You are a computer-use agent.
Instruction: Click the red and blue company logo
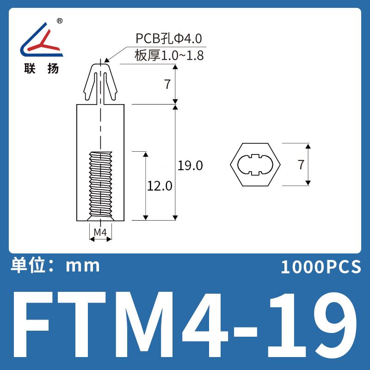(42, 40)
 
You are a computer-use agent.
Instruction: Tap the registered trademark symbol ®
(60, 21)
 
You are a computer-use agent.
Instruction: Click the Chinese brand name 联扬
(41, 68)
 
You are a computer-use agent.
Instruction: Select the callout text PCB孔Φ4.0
(169, 38)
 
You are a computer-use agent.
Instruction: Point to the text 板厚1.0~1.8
(169, 55)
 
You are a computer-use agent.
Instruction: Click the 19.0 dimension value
(190, 166)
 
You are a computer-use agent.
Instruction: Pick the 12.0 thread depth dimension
(160, 186)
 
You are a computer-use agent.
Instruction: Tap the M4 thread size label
(100, 233)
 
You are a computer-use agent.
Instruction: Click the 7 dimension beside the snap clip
(167, 84)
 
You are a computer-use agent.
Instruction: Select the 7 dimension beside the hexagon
(301, 165)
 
